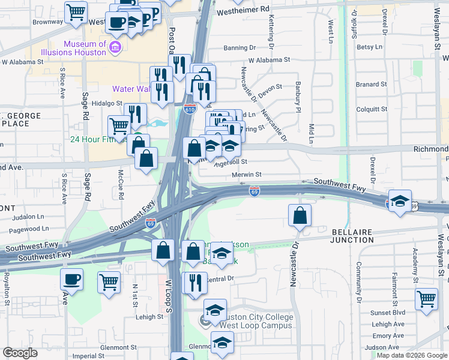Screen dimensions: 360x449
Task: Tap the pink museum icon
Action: point(116,47)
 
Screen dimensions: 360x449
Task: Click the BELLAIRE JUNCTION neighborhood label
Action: point(352,235)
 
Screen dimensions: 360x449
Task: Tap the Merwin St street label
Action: point(247,175)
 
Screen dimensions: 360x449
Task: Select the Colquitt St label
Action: point(372,109)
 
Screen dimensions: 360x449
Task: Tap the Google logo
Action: point(20,353)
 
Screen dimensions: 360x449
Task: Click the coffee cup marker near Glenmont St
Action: point(72,280)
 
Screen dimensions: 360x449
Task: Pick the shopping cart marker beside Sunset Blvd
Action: point(426,298)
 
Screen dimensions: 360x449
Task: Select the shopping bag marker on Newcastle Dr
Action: point(300,214)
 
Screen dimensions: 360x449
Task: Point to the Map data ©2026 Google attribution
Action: point(411,355)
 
